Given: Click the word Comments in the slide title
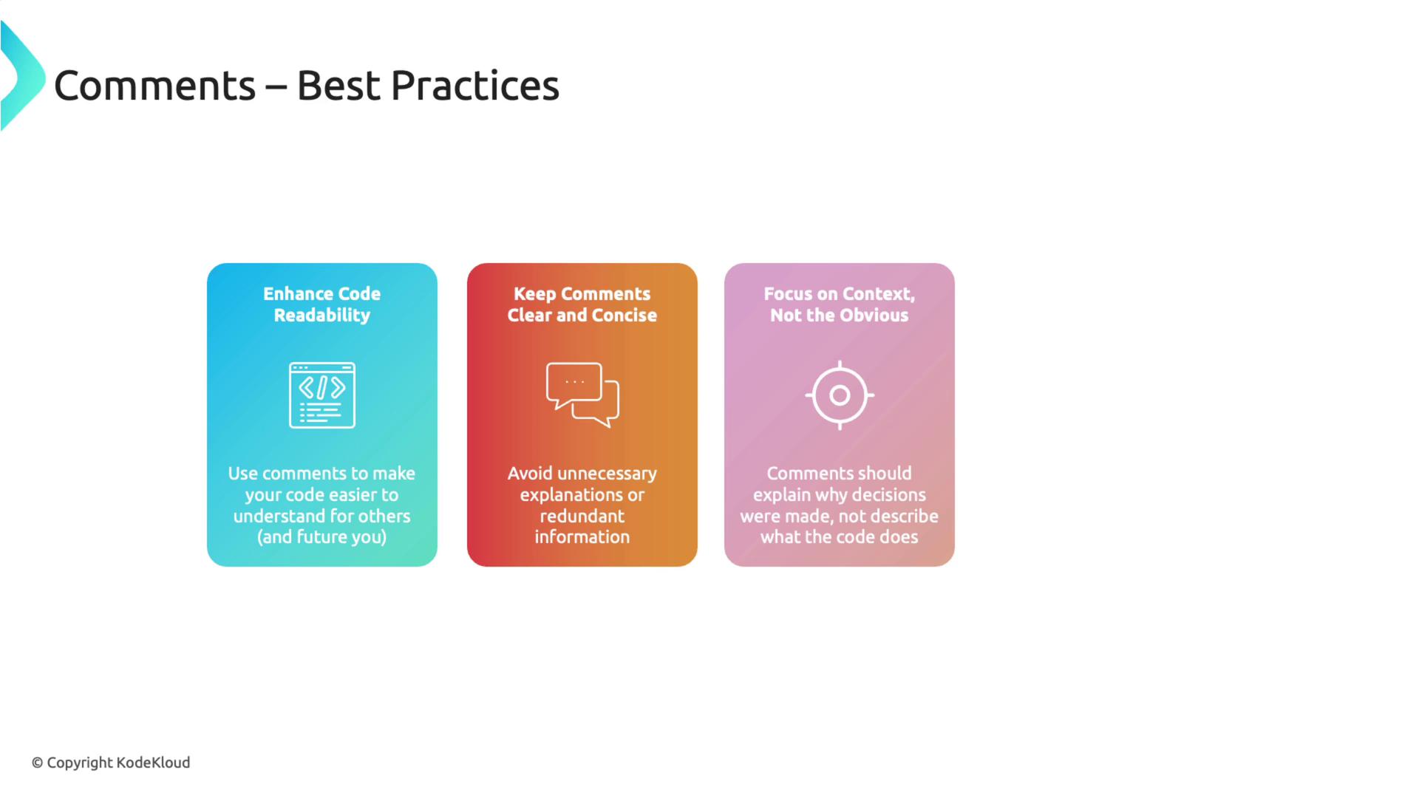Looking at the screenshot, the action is (154, 86).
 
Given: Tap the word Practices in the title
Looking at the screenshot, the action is (474, 86).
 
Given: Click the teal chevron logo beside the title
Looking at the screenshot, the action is (22, 75).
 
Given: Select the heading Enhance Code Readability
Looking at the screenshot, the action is (322, 304).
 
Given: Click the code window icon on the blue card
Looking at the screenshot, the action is (322, 395).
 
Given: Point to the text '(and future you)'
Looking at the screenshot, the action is (322, 537).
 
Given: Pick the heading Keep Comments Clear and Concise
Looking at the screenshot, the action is (582, 304).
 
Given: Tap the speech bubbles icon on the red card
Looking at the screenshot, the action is (582, 395).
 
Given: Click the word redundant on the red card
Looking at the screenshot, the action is (582, 516).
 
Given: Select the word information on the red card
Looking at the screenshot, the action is (582, 537).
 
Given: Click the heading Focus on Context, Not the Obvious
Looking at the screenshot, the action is (840, 304).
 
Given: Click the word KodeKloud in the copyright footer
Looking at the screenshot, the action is (153, 763).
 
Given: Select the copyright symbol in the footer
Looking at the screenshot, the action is (37, 763).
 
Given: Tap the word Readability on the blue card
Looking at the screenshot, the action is (322, 316).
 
